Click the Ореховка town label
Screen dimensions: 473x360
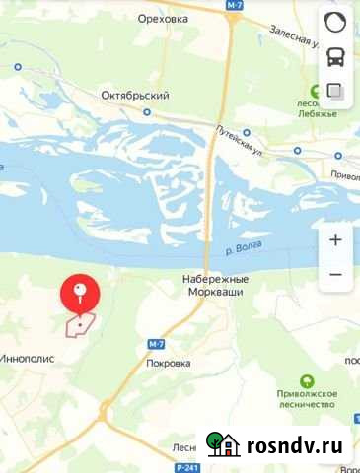pyautogui.click(x=162, y=18)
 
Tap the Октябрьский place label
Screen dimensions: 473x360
pyautogui.click(x=135, y=96)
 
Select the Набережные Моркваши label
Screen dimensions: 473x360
pyautogui.click(x=216, y=286)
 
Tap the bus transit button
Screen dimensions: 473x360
pyautogui.click(x=334, y=57)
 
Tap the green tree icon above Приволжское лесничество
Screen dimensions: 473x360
pyautogui.click(x=306, y=380)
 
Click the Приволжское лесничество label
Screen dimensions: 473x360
pyautogui.click(x=306, y=400)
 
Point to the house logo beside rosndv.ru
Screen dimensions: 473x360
pyautogui.click(x=224, y=444)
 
